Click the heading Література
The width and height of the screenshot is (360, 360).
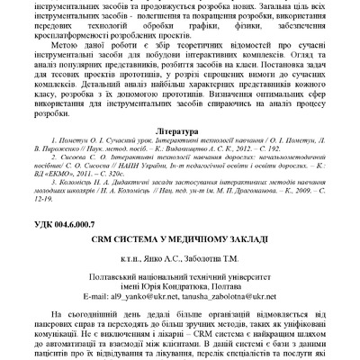180,143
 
